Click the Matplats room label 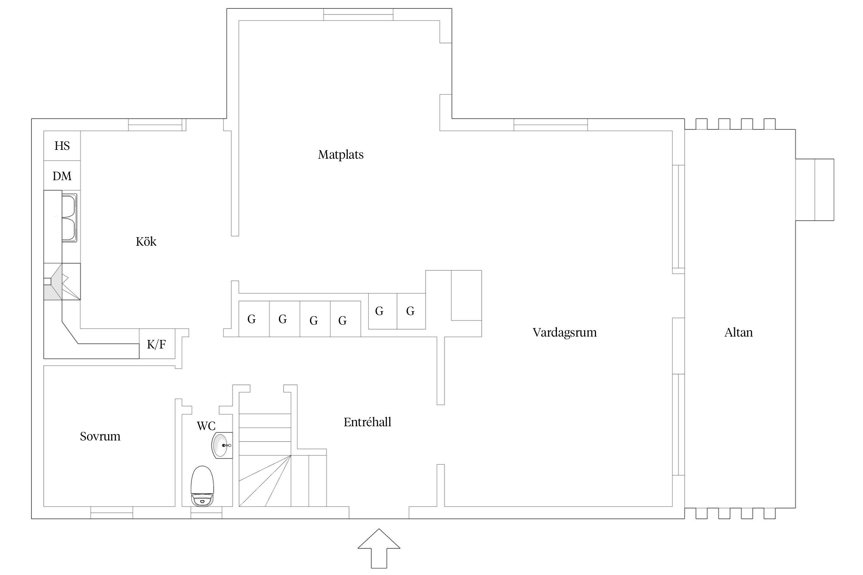341,154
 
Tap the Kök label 146,242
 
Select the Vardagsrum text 565,332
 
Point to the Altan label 738,332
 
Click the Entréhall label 367,422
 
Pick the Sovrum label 100,436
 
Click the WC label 206,426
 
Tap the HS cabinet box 62,146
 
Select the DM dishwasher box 62,176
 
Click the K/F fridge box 157,344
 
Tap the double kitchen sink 69,218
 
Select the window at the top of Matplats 358,15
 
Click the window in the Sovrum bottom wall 112,513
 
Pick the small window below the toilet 206,513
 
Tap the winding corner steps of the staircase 265,481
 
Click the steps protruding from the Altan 815,190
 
